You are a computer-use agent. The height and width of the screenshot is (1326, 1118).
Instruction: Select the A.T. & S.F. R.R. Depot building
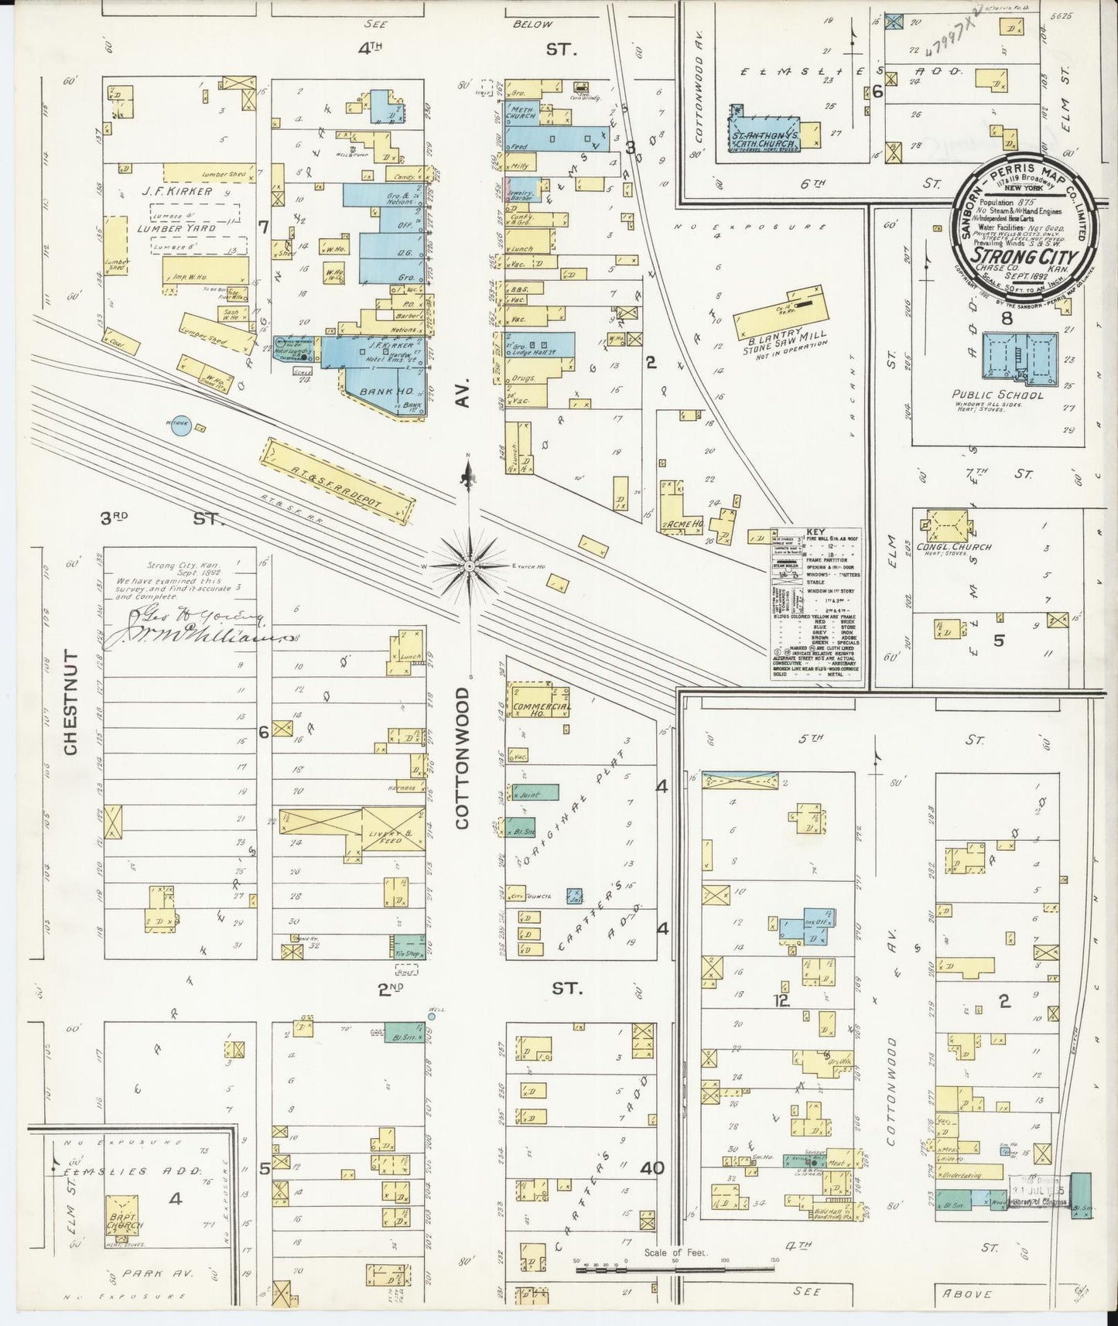tap(338, 480)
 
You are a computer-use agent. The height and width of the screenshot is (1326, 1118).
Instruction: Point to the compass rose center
tap(468, 566)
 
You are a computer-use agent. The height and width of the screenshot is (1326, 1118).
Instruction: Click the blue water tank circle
tap(180, 426)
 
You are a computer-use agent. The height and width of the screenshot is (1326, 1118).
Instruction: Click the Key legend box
tap(816, 602)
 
